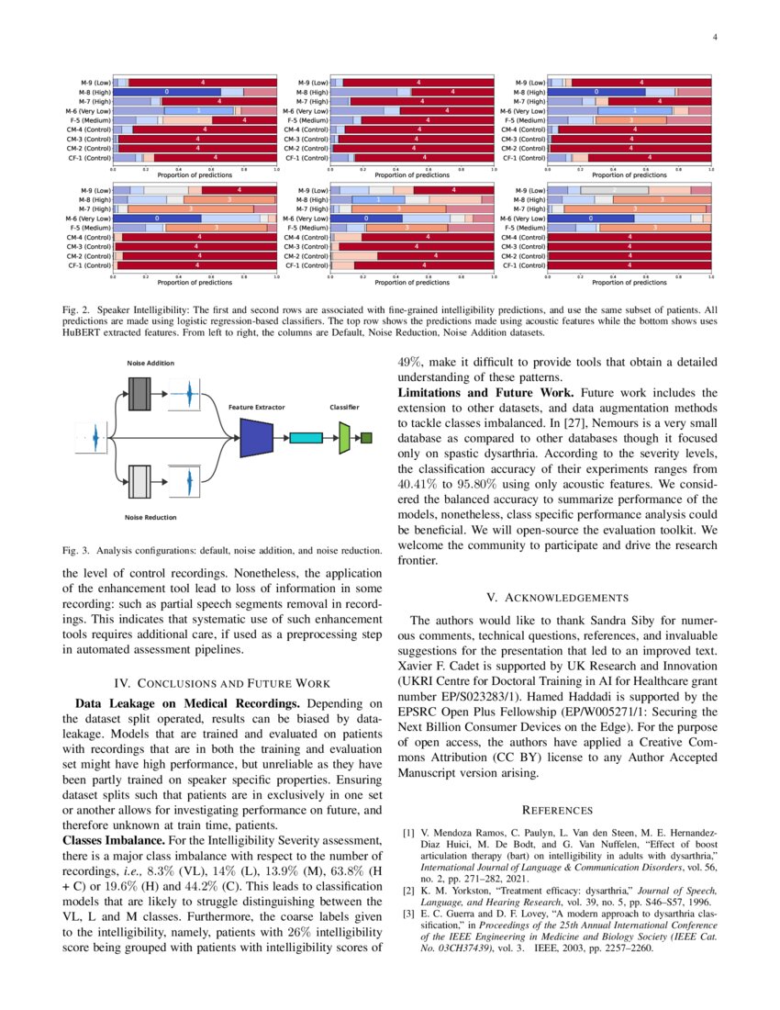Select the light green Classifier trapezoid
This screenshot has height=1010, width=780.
click(344, 438)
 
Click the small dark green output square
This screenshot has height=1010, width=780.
click(366, 438)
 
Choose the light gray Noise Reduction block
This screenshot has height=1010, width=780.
click(139, 481)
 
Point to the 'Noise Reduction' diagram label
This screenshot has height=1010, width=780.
click(150, 518)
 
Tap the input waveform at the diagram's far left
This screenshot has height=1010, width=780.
click(93, 438)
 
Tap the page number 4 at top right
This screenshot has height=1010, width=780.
click(714, 38)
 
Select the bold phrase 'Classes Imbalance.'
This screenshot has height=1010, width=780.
click(113, 841)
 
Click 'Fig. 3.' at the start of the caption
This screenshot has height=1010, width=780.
click(74, 551)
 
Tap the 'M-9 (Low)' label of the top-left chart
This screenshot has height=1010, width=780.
click(95, 83)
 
